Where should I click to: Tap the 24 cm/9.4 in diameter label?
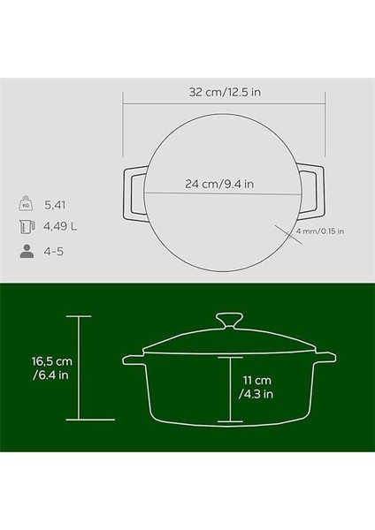coord(219,185)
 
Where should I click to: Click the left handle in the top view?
coord(131,191)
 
